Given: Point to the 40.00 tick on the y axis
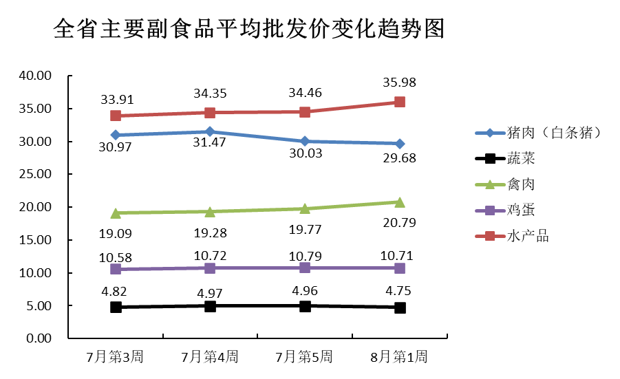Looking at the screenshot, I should click(35, 76).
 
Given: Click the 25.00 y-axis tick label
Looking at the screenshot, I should click(35, 175).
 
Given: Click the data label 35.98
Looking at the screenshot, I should click(399, 83).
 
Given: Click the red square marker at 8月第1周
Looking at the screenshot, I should click(399, 102).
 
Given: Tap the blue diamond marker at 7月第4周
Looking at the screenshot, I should click(210, 131).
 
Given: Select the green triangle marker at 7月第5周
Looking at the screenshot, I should click(304, 208).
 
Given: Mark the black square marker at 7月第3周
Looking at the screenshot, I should click(116, 307).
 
